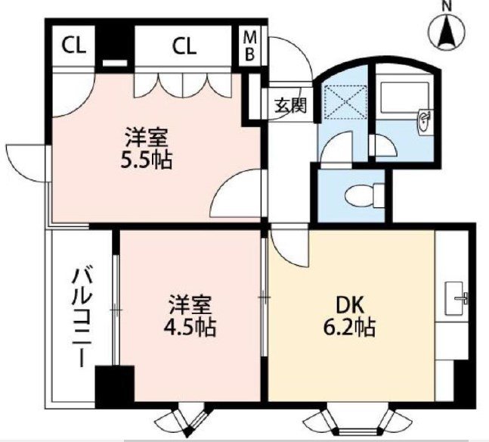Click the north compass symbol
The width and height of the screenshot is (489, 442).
(x=447, y=31)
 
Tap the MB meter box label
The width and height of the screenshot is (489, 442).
(x=250, y=46)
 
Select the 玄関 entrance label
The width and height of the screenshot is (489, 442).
(x=289, y=105)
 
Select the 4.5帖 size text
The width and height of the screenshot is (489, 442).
(x=190, y=328)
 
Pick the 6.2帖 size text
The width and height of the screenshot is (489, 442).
(x=351, y=328)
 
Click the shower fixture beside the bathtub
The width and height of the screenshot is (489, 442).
(x=426, y=118)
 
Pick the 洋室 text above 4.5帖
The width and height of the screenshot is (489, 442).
(x=190, y=305)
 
